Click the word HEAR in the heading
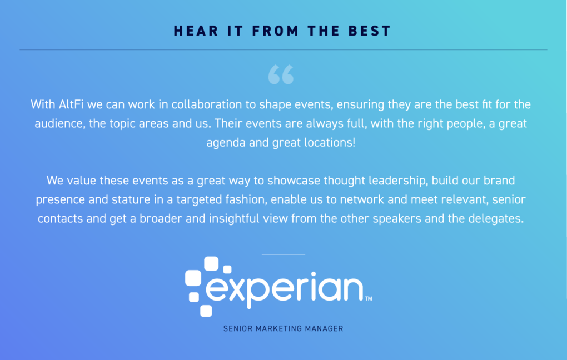196,31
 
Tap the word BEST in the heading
370,31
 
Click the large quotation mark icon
281,74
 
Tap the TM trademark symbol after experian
369,298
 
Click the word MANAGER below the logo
324,328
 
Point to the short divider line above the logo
283,254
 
